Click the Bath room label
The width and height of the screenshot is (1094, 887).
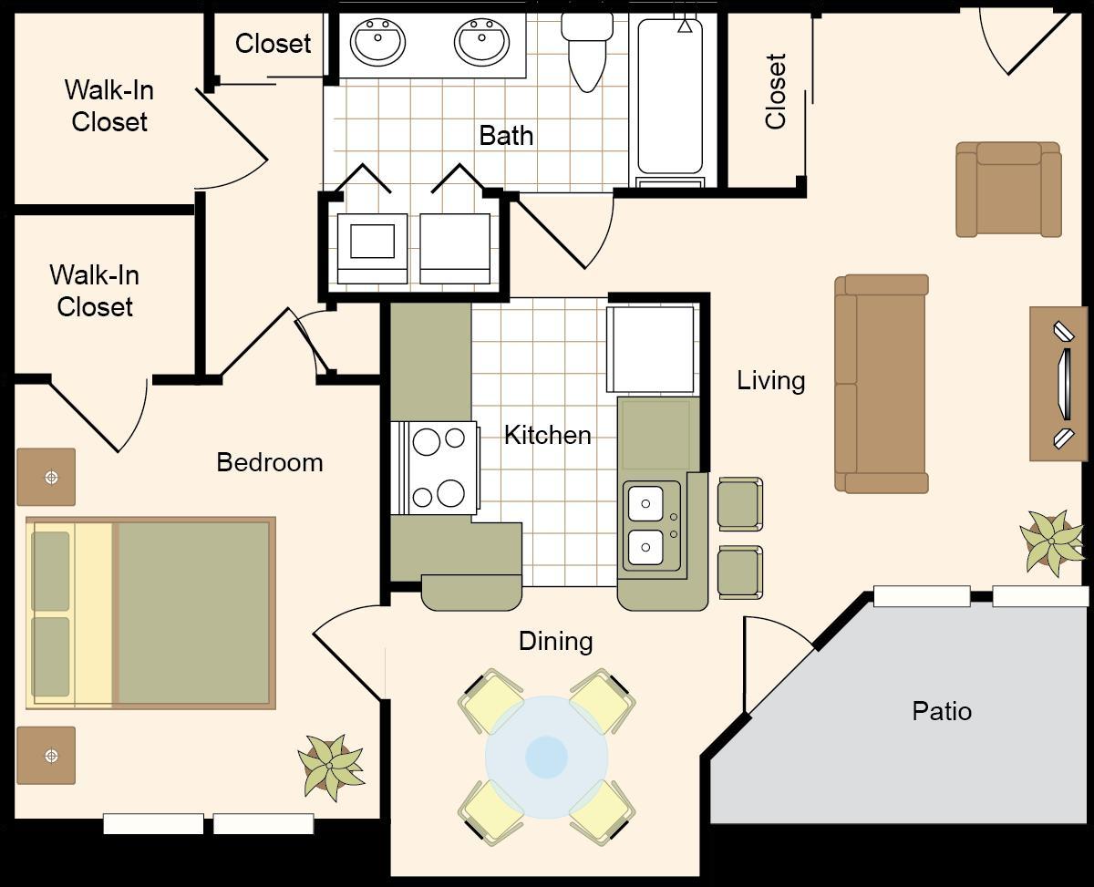(x=506, y=136)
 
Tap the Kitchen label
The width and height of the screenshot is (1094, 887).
(x=548, y=435)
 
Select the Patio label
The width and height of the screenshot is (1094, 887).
(x=942, y=711)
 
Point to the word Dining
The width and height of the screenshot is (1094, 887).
(x=556, y=642)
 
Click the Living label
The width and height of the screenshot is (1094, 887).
(x=771, y=381)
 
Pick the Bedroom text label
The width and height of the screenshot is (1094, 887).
(x=270, y=462)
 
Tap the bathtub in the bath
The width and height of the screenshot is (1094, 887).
(x=670, y=98)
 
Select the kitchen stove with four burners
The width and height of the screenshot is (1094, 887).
(x=436, y=468)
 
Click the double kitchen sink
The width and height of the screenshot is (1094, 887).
(x=652, y=526)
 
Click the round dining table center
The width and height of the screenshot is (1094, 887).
(x=546, y=757)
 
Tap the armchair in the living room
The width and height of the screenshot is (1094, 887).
(x=1008, y=190)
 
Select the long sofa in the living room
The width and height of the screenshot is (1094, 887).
(x=882, y=384)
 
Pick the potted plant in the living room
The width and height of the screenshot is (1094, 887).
(x=1052, y=543)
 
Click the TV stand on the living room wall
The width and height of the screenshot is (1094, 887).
(x=1058, y=384)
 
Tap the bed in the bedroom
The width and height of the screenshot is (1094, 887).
(x=150, y=614)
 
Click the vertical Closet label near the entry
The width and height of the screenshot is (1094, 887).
(x=776, y=91)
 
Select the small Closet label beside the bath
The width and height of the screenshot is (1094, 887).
(x=273, y=44)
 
